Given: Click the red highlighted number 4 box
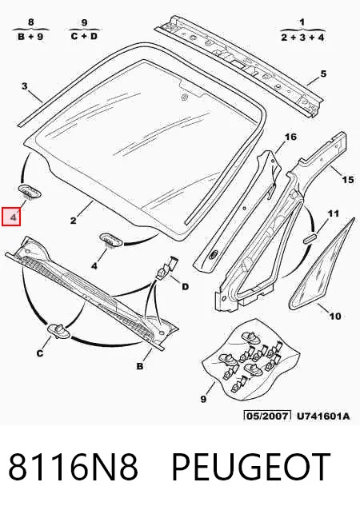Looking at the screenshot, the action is [x=11, y=217].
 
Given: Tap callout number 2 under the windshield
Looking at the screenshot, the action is [x=74, y=221].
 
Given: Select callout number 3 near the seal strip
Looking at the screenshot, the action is [x=25, y=86].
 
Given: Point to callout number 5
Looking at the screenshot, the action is [x=323, y=74].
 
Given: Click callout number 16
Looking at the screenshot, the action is [x=290, y=137].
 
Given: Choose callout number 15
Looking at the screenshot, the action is [x=348, y=179].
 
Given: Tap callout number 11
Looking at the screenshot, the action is [x=333, y=213].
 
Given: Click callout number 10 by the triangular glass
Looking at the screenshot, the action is [x=335, y=316].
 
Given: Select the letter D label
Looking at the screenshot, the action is [x=185, y=286].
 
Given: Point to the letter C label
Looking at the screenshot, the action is [x=40, y=353].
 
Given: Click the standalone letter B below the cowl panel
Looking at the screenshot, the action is [x=140, y=366].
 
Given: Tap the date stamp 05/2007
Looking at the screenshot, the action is [x=267, y=416].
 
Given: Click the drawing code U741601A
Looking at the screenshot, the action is [x=323, y=416].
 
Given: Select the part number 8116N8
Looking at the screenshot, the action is [x=74, y=466].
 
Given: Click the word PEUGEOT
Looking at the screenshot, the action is [x=250, y=466].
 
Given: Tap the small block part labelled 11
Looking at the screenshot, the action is [x=310, y=237].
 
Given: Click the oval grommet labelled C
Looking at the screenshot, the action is [x=59, y=331].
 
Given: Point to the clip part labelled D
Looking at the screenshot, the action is [x=167, y=267].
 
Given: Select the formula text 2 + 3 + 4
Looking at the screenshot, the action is [x=302, y=37].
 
